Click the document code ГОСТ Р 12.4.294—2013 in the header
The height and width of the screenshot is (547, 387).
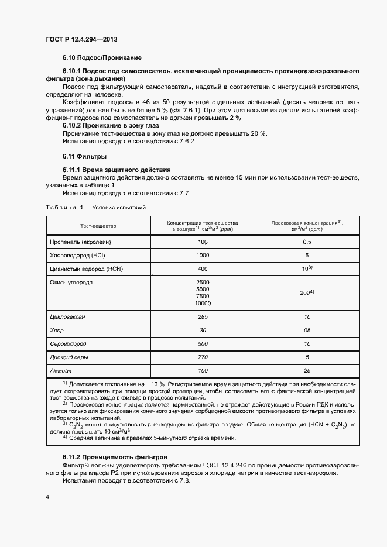tap(85, 39)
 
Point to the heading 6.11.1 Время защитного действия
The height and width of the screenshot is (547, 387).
tap(117, 170)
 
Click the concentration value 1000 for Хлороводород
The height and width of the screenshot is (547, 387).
tap(203, 255)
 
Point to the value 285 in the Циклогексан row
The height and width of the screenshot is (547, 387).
tap(203, 316)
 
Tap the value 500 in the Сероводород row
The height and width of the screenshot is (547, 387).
tap(203, 344)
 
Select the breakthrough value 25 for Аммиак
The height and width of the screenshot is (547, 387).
tap(307, 371)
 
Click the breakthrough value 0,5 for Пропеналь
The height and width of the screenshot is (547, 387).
tap(307, 242)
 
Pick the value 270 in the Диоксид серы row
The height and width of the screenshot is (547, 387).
tap(203, 357)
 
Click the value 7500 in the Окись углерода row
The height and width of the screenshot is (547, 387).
tap(203, 296)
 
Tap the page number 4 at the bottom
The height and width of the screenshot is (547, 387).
tap(47, 497)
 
